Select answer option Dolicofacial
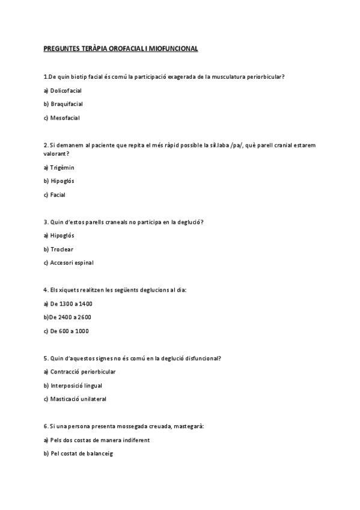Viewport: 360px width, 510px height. pyautogui.click(x=66, y=90)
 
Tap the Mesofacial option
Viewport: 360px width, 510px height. pyautogui.click(x=65, y=118)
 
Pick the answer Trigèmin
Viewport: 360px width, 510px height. pyautogui.click(x=62, y=167)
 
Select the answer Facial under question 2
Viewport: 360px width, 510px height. pyautogui.click(x=58, y=195)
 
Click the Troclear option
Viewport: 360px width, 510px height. pyautogui.click(x=62, y=249)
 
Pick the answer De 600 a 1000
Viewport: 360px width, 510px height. pyautogui.click(x=69, y=331)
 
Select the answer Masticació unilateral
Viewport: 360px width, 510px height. pyautogui.click(x=78, y=399)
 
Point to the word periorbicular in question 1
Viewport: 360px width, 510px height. pyautogui.click(x=264, y=76)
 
